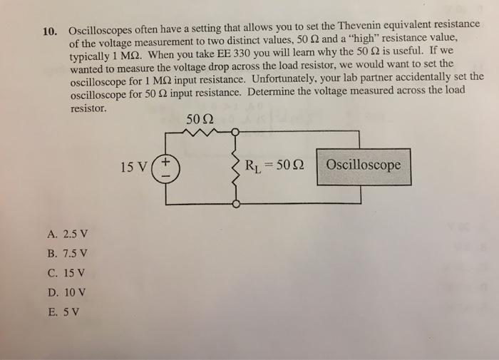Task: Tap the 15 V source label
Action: pos(135,168)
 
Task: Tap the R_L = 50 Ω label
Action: pos(275,168)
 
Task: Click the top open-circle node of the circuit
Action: pos(236,132)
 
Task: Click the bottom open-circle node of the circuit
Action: pos(236,204)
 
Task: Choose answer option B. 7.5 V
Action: pos(66,254)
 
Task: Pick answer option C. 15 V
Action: pos(65,273)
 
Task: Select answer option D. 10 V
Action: pos(65,292)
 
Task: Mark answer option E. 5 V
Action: pos(62,311)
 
